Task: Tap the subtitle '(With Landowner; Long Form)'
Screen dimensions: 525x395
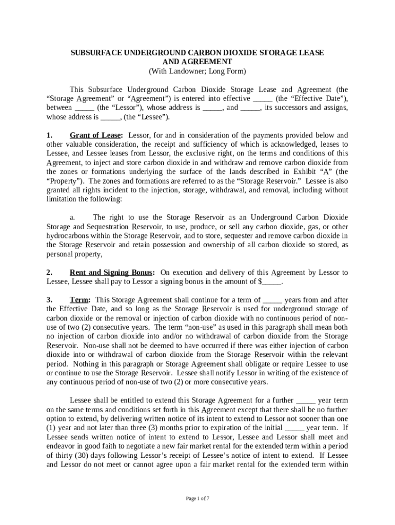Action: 197,71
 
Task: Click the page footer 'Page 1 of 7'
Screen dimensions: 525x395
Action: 197,498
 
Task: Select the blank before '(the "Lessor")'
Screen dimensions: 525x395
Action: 85,108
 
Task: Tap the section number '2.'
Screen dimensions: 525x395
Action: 49,272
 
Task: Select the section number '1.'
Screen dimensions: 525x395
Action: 49,135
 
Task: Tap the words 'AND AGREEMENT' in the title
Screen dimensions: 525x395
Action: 197,62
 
